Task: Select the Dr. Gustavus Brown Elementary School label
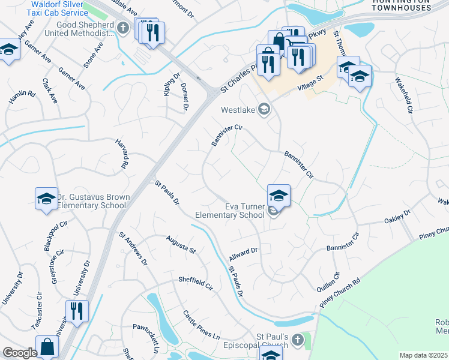click(x=92, y=201)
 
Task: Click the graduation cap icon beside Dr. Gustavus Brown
click(x=46, y=199)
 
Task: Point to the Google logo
click(x=20, y=353)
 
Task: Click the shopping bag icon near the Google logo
click(x=47, y=347)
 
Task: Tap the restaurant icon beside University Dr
click(x=77, y=310)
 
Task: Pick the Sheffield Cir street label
click(x=195, y=283)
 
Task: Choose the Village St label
click(x=311, y=82)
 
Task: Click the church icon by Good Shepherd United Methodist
click(x=123, y=28)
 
